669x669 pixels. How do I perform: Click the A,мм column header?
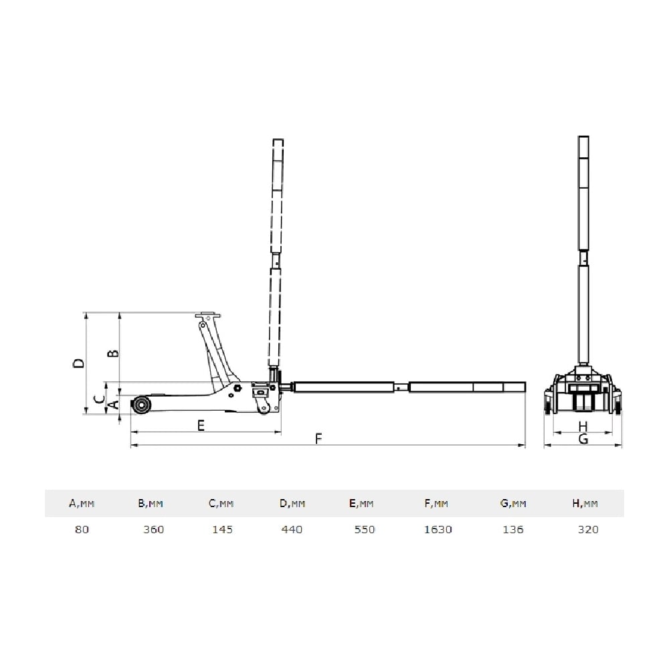pyautogui.click(x=82, y=504)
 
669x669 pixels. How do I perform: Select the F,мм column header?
pyautogui.click(x=436, y=504)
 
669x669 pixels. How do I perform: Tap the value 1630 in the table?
pyautogui.click(x=438, y=529)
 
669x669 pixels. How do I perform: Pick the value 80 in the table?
pyautogui.click(x=82, y=529)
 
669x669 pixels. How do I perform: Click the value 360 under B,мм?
pyautogui.click(x=154, y=529)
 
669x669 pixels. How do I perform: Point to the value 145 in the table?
pyautogui.click(x=222, y=529)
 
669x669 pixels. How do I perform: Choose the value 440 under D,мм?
pyautogui.click(x=292, y=529)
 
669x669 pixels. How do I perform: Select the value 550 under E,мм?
pyautogui.click(x=365, y=529)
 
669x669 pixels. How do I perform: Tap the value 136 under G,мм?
pyautogui.click(x=513, y=529)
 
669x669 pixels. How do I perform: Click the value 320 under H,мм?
pyautogui.click(x=588, y=529)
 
